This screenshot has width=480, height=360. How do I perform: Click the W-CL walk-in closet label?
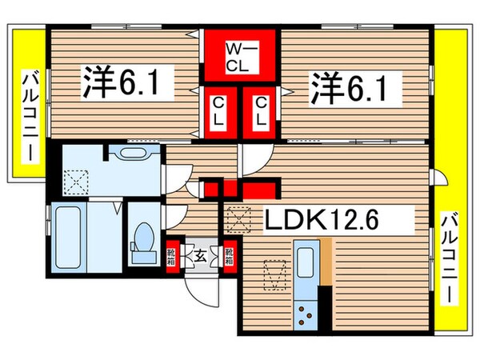pyautogui.click(x=238, y=55)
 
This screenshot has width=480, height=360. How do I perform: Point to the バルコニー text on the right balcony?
pyautogui.click(x=450, y=255)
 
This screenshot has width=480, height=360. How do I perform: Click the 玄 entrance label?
pyautogui.click(x=199, y=256)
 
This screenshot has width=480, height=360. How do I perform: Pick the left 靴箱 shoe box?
pyautogui.click(x=172, y=256)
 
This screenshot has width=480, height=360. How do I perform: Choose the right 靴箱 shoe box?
pyautogui.click(x=230, y=256)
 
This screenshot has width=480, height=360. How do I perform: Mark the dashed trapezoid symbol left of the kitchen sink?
pyautogui.click(x=273, y=274)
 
